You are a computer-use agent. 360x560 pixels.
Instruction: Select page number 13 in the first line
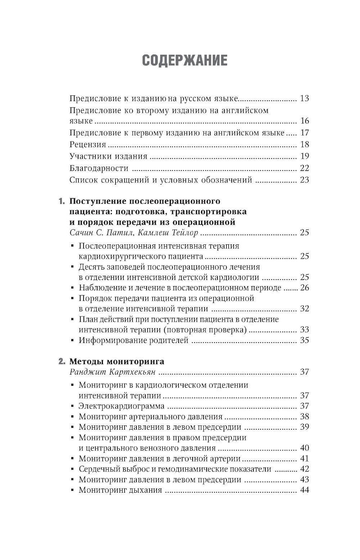coord(304,98)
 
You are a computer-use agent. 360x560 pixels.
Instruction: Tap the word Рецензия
coord(87,145)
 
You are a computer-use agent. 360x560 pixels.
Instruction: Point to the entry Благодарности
coord(99,168)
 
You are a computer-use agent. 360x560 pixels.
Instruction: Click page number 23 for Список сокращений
coord(304,180)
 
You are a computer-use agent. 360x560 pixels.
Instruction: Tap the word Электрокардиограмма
coord(121,406)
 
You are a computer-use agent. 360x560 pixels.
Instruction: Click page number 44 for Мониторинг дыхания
coord(304,490)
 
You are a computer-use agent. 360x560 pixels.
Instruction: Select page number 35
coord(304,340)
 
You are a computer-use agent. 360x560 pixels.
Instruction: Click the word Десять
coord(91,267)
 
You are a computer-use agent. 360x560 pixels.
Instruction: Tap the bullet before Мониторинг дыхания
coord(73,490)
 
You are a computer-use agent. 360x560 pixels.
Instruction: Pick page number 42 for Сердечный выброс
coord(304,469)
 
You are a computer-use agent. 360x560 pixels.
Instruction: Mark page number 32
coord(304,309)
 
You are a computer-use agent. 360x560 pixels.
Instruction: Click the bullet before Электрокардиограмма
coord(73,406)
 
